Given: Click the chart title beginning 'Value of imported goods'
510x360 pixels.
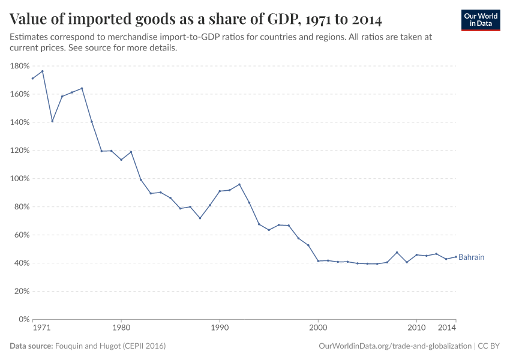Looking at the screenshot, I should coord(196,19).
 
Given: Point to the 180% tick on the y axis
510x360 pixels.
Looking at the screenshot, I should coord(20,66).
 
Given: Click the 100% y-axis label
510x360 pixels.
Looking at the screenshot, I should coord(20,179).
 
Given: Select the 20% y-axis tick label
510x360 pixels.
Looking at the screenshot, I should coord(22,291).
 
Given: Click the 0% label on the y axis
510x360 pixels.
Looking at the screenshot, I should coord(24,319).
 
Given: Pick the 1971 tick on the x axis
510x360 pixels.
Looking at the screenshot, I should coord(41,328).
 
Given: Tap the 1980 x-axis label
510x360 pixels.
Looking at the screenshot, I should coord(121,328).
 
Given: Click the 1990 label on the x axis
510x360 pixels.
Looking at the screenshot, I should coord(220,328).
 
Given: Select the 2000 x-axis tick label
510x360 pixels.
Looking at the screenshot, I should coord(318,328).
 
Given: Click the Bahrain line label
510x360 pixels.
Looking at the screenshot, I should coord(471,257).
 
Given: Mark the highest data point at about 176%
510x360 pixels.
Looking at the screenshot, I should coord(42,71).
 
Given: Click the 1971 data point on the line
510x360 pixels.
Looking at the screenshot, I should coord(32,79).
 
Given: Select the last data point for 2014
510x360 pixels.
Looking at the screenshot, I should coord(456,256).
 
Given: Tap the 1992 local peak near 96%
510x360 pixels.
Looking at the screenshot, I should coord(239,184).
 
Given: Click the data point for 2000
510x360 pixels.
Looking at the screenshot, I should coord(318,261).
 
